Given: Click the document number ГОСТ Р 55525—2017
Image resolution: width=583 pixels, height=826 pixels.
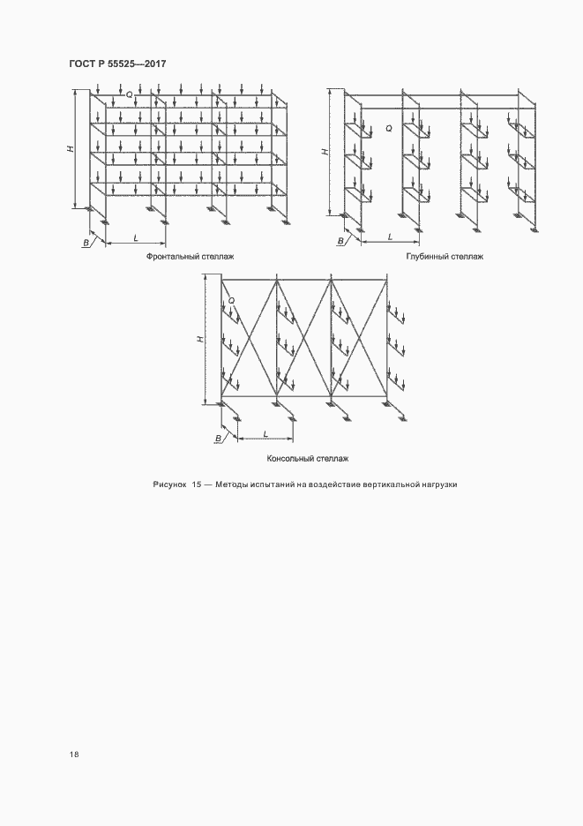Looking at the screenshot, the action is [117, 64].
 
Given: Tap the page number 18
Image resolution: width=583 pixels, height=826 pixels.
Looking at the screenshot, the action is [74, 755].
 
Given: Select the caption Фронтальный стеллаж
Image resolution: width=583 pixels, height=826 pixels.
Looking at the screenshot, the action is [191, 257].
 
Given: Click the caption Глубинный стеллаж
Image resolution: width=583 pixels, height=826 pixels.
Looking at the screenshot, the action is [445, 257].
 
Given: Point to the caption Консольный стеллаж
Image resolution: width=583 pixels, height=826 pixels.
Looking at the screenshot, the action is [308, 458].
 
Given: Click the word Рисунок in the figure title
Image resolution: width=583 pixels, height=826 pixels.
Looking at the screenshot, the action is [169, 484].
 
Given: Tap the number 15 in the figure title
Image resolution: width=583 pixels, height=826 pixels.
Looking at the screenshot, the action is [197, 484].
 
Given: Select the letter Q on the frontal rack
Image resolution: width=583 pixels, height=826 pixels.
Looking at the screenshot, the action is [129, 94].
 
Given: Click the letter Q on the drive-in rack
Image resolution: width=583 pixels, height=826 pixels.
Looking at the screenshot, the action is [389, 128].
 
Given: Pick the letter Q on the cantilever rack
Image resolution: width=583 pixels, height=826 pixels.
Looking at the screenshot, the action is [232, 301].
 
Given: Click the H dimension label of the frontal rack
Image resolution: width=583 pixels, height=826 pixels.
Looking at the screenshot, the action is [70, 149].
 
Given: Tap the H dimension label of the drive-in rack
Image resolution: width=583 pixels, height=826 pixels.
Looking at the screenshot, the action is [325, 152].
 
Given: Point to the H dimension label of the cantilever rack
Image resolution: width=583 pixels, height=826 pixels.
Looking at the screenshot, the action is [200, 339].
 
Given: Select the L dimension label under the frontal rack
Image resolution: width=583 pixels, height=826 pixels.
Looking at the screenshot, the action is [136, 238].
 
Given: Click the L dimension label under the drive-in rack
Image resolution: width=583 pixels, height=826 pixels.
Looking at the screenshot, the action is [390, 237].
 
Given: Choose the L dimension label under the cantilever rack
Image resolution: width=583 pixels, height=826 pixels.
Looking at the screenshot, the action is [265, 433].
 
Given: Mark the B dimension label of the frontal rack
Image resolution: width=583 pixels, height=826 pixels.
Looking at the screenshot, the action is [86, 243].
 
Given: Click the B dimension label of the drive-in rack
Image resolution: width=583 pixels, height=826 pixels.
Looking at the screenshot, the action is [340, 241].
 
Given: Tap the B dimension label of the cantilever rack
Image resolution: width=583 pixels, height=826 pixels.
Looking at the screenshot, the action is [218, 438].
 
